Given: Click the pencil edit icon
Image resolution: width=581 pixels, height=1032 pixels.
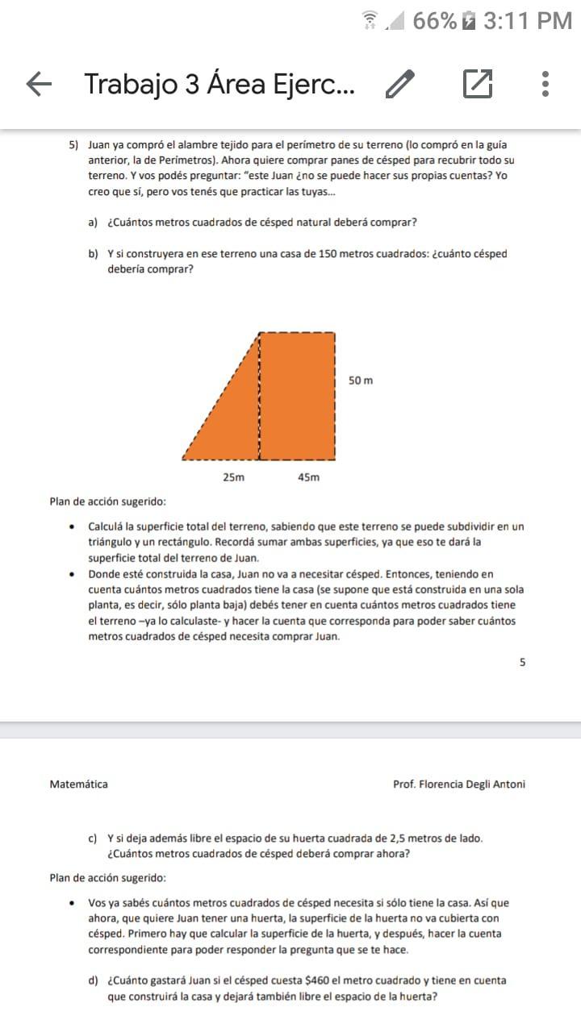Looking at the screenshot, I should point(400,84).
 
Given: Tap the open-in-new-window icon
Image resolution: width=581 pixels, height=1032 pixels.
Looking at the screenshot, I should point(477,84).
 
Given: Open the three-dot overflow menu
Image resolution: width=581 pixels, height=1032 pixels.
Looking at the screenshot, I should point(546,84).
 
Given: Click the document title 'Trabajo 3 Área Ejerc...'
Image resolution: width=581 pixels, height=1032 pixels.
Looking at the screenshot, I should point(219,84).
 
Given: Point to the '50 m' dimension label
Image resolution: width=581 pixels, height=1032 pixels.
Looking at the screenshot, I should point(361,380).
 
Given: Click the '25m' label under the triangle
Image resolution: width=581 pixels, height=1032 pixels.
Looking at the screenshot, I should point(233,477).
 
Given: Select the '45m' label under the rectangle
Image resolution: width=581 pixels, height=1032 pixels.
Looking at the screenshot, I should point(308,477).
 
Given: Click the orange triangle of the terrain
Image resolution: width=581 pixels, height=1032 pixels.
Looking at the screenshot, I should point(230,419).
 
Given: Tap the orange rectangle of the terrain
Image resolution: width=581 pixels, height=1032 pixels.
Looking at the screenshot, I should point(297,395).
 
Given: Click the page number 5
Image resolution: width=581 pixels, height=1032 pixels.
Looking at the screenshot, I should point(522,662).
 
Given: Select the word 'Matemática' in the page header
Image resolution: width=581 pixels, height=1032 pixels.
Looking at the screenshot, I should point(79,784).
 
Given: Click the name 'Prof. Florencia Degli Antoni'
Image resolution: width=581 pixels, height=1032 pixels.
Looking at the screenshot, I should point(458,784).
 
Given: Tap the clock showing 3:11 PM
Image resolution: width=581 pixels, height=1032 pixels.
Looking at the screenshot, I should point(528,21).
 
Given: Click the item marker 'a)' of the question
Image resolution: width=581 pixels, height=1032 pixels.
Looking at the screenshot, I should point(94,223).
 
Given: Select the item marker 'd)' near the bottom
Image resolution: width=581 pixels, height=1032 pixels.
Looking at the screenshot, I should point(94,980).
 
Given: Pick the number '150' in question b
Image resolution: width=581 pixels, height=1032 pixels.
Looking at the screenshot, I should point(328,254).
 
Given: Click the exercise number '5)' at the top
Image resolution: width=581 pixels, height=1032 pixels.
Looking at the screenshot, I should point(73,145).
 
